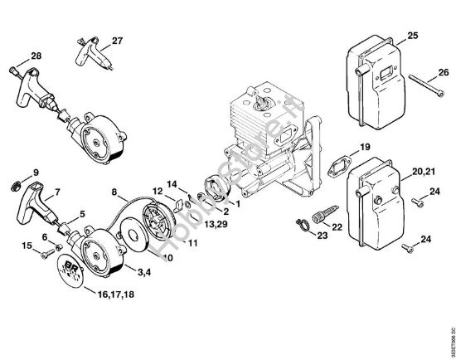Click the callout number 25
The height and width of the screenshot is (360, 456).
(412, 35)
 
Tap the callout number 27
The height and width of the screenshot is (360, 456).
(117, 41)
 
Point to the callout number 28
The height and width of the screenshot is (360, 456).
(36, 56)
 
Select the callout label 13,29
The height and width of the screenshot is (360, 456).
(221, 224)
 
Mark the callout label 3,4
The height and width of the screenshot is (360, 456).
(143, 270)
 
